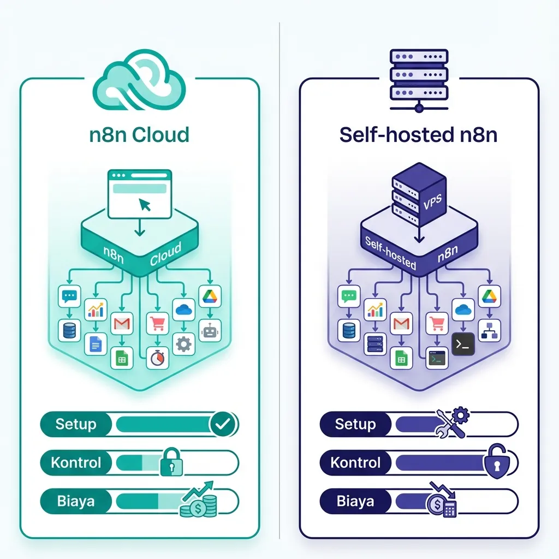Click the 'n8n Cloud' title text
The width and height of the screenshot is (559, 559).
[139, 134]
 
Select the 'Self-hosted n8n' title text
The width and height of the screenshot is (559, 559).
[419, 134]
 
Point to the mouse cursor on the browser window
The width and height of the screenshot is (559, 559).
[145, 205]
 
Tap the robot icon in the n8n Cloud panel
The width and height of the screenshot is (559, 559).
[210, 330]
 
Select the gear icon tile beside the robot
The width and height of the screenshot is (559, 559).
[183, 344]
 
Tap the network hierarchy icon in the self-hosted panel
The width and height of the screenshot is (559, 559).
[489, 330]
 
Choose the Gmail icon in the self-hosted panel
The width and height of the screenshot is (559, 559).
[401, 325]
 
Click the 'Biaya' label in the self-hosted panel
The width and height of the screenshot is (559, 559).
[355, 502]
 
